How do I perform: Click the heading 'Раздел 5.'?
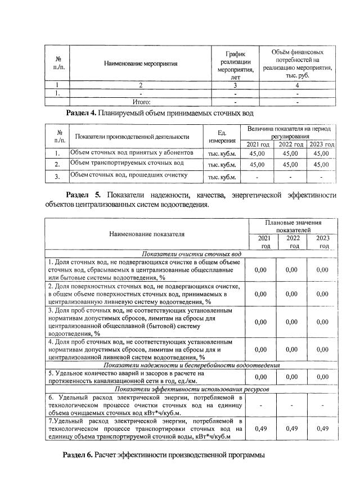coord(83,195)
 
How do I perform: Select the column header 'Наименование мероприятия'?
coord(141,64)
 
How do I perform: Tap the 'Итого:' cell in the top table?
coord(141,102)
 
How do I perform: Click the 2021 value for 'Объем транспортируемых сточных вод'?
coord(256,165)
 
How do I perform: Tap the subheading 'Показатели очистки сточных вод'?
coord(191,254)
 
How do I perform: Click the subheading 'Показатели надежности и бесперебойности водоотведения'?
coord(191,364)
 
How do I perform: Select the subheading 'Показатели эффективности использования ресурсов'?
coord(191,389)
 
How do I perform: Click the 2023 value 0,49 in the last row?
coord(322,428)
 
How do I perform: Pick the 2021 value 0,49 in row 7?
coord(260,428)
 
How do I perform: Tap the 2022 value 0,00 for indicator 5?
coord(291,377)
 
